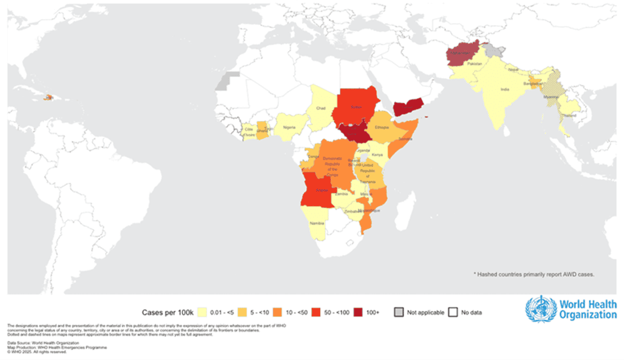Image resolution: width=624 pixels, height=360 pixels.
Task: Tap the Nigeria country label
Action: pyautogui.click(x=289, y=127)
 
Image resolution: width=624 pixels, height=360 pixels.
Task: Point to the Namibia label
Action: pyautogui.click(x=317, y=224)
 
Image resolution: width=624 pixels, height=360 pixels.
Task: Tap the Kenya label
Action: pyautogui.click(x=377, y=154)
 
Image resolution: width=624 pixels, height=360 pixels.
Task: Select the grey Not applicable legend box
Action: pyautogui.click(x=398, y=312)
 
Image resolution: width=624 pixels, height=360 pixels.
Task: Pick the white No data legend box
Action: pyautogui.click(x=453, y=312)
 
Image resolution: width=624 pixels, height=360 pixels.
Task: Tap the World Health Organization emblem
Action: pyautogui.click(x=540, y=309)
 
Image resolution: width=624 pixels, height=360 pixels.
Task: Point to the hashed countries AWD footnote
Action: pyautogui.click(x=534, y=274)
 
